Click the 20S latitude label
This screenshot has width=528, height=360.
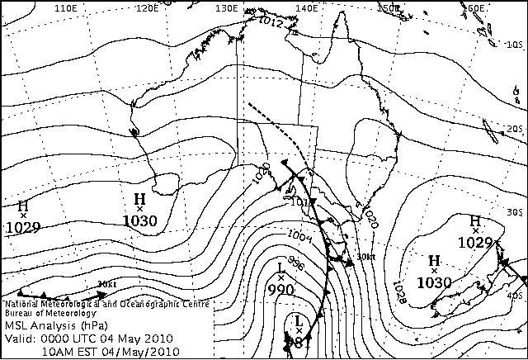[x=514, y=129]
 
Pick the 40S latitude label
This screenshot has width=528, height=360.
[x=517, y=295]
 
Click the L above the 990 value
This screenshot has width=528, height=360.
[x=281, y=269]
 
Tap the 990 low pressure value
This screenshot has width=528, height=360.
[x=281, y=290]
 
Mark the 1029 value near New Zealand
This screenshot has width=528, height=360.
[x=476, y=242]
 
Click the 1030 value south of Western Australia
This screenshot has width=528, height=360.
[x=139, y=220]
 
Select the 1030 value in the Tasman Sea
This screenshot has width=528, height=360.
[x=434, y=282]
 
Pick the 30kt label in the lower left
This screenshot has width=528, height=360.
[x=102, y=284]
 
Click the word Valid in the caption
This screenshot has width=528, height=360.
[x=21, y=339]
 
